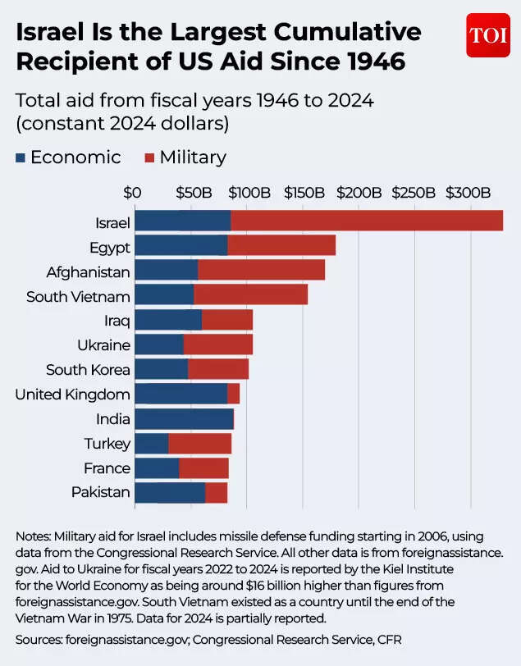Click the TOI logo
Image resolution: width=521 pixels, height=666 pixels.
coord(487,35)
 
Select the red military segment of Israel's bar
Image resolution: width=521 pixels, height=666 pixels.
coord(366,221)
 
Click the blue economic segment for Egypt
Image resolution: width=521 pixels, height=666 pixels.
coord(181,245)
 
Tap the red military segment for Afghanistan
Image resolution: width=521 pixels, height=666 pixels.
coord(261,270)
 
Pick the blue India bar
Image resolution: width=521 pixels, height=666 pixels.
coord(183,419)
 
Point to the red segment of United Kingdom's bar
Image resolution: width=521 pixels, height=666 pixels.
coord(234,394)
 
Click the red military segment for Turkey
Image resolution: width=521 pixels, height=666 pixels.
coord(200,444)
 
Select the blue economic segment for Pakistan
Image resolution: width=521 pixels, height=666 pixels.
coord(170,493)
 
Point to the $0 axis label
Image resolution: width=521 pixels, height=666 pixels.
coord(133,194)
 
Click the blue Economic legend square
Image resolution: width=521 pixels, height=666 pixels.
coord(21,157)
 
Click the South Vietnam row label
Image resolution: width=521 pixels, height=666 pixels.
coord(78,296)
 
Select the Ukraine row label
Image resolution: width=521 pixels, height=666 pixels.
coord(103,345)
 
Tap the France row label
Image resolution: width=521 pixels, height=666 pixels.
coord(107,468)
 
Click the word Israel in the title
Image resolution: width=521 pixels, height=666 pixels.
coord(53,33)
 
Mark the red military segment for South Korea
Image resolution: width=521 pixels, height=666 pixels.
coord(218,369)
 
